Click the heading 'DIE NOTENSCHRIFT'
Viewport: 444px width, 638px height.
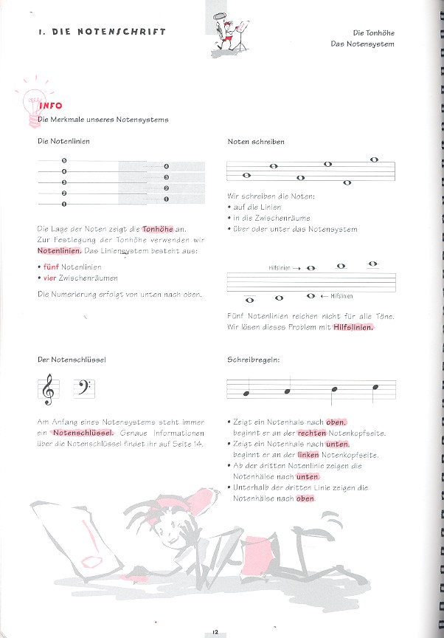point(102,32)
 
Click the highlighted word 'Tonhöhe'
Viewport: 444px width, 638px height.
point(157,229)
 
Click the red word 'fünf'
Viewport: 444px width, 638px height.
point(50,267)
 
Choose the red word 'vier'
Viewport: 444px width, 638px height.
point(49,278)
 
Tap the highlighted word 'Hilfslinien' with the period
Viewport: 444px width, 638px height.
point(354,327)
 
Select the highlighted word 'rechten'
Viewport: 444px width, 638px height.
point(312,433)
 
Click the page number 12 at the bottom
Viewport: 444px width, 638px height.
point(215,630)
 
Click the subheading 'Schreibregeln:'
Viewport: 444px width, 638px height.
point(249,360)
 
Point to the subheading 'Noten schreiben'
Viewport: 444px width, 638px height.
point(256,141)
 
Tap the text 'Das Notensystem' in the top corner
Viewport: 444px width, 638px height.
point(363,44)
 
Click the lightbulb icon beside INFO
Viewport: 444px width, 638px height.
point(33,101)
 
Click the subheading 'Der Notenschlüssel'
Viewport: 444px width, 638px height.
point(72,360)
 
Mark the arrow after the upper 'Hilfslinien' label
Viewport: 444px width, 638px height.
point(295,269)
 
